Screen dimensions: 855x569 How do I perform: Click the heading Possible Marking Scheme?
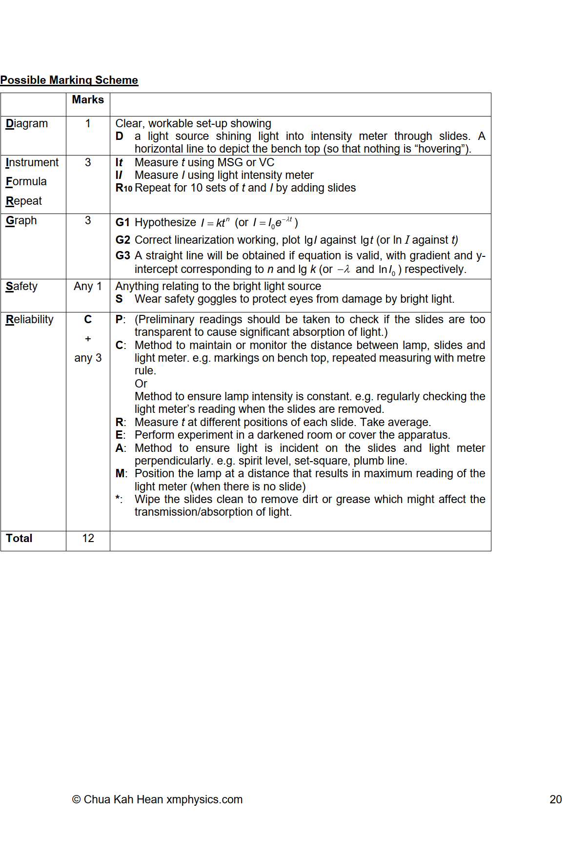69,80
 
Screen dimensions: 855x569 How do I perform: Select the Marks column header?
88,99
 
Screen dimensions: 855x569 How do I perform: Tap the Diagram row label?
27,123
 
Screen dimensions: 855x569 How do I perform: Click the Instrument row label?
32,162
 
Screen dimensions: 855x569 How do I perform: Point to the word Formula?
26,181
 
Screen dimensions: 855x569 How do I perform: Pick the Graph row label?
21,220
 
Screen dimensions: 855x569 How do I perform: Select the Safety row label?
21,286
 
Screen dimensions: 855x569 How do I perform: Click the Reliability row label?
30,319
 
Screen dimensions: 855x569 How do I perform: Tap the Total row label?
19,538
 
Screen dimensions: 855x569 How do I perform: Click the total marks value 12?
88,538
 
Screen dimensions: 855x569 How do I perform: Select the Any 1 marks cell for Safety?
88,286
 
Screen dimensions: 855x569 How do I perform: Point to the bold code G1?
122,223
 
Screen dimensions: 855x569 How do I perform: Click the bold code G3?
122,255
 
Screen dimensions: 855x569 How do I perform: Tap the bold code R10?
124,188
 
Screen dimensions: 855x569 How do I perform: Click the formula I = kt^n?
215,223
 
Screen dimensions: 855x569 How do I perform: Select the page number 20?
555,799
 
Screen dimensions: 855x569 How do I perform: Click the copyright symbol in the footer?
76,799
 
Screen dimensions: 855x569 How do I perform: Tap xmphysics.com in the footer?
204,799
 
